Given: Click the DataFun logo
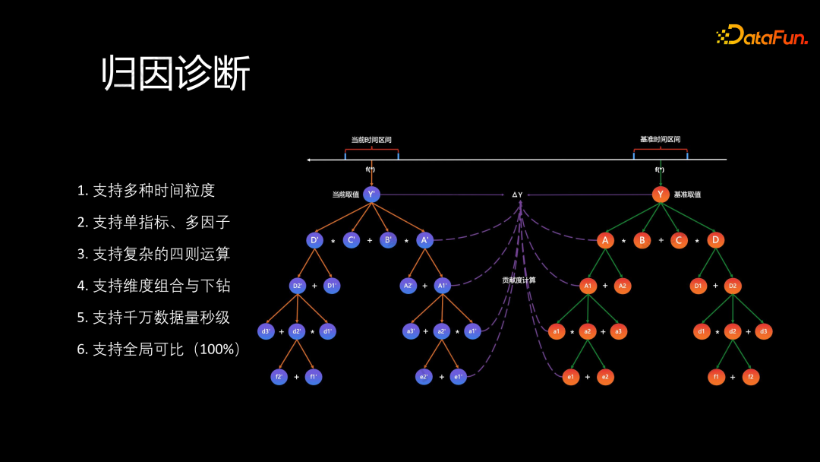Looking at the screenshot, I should coord(761,35).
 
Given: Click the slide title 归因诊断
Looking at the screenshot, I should coord(176,74).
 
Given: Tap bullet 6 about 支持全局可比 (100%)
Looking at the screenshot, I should coord(159,350).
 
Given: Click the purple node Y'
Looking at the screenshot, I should coord(371,195).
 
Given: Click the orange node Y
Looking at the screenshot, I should coord(661,195).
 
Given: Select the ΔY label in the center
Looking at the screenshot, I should coord(517,195).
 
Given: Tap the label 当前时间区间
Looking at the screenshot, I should coord(371,140).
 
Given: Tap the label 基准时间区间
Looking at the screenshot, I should coord(660,140).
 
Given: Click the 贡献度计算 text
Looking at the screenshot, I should coord(519,280).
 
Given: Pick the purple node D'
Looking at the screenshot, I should coord(315,240).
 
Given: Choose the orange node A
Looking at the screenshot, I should coord(605,240).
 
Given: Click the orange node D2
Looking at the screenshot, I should coord(733,286).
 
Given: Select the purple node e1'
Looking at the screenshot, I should coord(458,377).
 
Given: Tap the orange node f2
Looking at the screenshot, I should coord(750,377).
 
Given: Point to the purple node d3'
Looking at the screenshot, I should coord(266,331).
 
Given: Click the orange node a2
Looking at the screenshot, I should coord(587,331).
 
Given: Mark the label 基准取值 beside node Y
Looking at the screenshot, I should coord(687,195).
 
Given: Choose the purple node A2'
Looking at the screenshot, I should coord(408,286).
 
